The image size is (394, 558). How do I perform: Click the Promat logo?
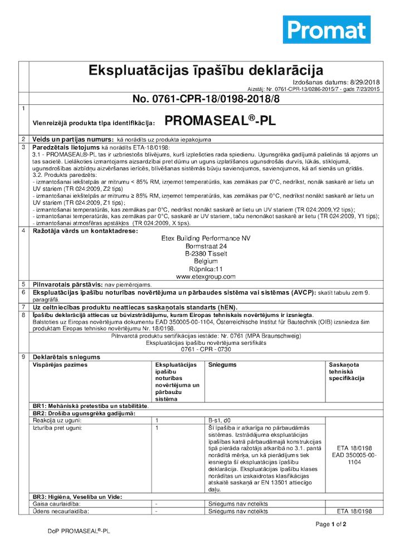327,30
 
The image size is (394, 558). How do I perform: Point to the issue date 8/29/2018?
365,81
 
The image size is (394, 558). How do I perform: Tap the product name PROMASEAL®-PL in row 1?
220,121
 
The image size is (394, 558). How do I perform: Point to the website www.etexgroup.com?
206,276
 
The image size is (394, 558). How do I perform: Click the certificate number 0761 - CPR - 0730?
206,349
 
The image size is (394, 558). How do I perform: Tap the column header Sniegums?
222,364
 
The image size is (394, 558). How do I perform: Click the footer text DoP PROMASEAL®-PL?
79,532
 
